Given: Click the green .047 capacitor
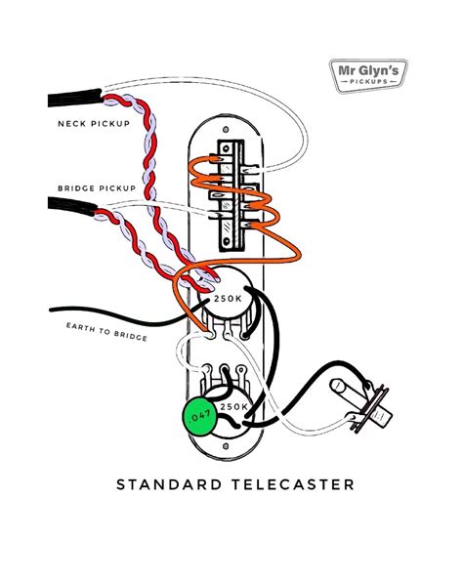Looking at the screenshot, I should click(x=201, y=415).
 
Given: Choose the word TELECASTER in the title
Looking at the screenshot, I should click(x=283, y=484).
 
